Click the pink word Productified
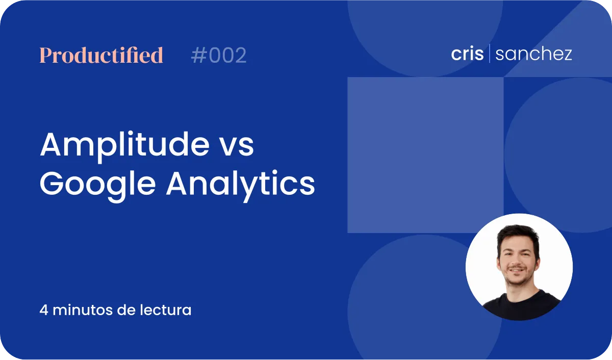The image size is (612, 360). tap(101, 55)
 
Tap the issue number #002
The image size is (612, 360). tap(219, 55)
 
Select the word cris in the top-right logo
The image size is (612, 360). tap(467, 54)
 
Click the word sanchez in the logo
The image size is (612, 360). tap(533, 54)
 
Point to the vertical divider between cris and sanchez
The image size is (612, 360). tap(489, 53)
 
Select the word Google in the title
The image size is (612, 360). tap(98, 185)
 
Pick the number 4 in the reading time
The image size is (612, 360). tap(44, 310)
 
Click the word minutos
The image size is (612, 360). tap(83, 310)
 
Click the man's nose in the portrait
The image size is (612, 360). tap(516, 261)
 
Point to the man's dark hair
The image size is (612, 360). tap(518, 235)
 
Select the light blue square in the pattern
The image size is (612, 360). tap(425, 155)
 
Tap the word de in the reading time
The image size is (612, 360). tap(126, 310)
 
